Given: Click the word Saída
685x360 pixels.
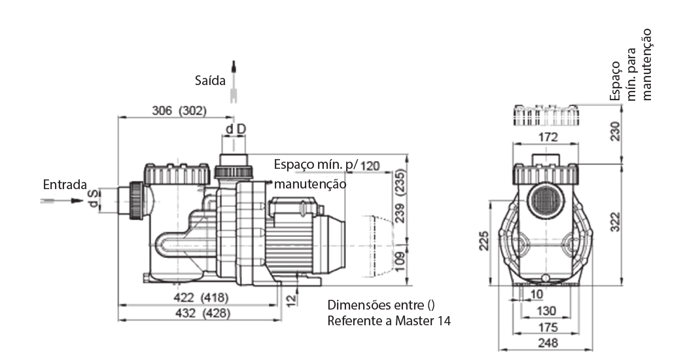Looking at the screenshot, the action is click(x=210, y=81).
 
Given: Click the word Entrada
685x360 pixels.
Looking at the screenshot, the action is click(x=65, y=185).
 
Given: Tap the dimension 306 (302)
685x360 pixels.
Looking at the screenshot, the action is click(x=179, y=111).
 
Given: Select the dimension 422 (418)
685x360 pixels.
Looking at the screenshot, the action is click(x=201, y=298).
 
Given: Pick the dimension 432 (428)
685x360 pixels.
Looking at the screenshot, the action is click(x=202, y=314).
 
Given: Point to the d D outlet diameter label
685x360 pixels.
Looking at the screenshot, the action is click(x=236, y=130).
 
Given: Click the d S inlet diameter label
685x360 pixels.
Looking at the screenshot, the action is click(x=93, y=199).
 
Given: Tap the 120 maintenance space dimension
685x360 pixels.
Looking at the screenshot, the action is click(x=370, y=166).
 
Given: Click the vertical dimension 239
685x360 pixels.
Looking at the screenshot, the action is click(x=400, y=213).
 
